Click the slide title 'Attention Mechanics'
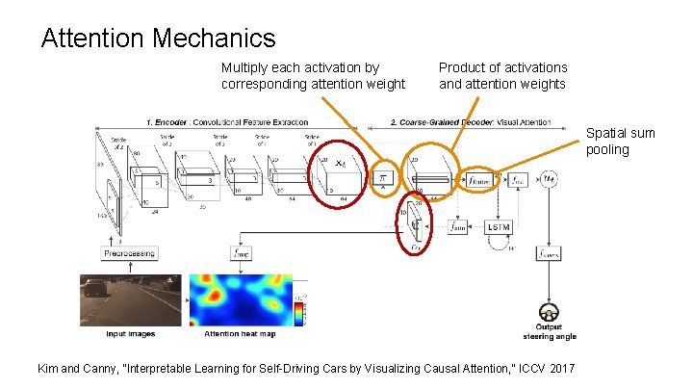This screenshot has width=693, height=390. coord(159,39)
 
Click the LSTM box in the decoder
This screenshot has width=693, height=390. coord(498,226)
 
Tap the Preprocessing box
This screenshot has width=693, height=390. coord(129,253)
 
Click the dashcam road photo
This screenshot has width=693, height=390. coord(130,299)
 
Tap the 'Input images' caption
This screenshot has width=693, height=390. coord(130,334)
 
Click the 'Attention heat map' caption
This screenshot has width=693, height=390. coord(240,334)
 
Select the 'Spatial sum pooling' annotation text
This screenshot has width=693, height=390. coord(620,142)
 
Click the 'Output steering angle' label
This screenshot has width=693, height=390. coord(550,332)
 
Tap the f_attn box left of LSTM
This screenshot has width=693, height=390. coord(458,227)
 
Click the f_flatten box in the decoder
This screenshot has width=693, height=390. coord(478,180)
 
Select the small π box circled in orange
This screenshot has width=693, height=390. coord(383,179)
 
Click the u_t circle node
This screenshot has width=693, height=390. coord(550,179)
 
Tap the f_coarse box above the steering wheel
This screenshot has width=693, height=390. coord(550,253)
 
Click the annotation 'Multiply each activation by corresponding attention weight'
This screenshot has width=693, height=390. coord(313,75)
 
